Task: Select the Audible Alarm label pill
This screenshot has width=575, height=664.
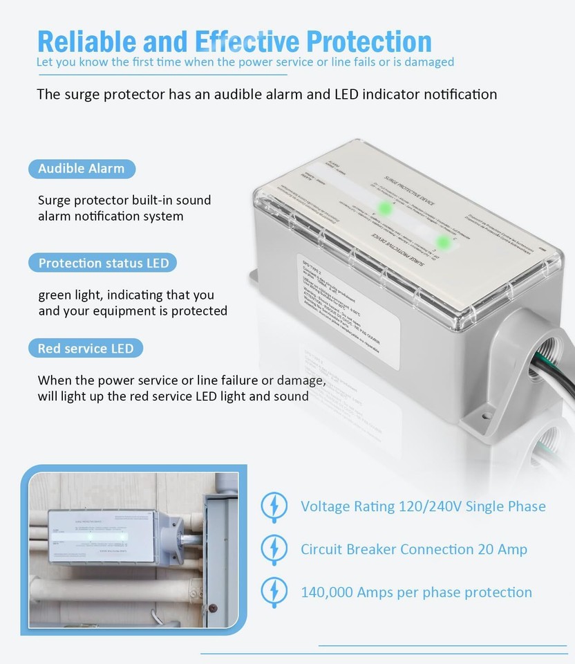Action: pyautogui.click(x=82, y=169)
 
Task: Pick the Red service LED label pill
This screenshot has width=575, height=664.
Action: pyautogui.click(x=86, y=349)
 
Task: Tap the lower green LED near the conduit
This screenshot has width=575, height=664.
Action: pyautogui.click(x=442, y=241)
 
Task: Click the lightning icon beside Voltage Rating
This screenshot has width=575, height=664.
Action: pyautogui.click(x=274, y=506)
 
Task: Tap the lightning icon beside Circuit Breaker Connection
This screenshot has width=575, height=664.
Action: pyautogui.click(x=274, y=549)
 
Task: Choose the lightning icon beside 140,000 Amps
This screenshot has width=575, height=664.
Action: pyautogui.click(x=274, y=592)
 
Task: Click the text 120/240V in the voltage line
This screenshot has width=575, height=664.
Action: pyautogui.click(x=430, y=506)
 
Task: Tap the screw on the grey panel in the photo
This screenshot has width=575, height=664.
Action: pyautogui.click(x=212, y=608)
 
